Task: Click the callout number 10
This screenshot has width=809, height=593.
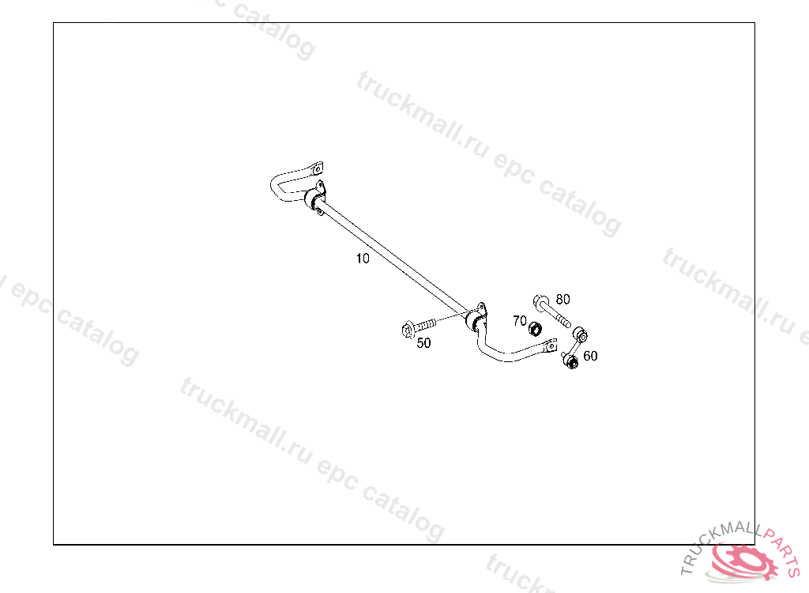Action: click(x=363, y=258)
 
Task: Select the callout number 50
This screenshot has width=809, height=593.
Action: click(x=424, y=343)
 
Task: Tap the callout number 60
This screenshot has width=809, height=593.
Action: click(x=590, y=356)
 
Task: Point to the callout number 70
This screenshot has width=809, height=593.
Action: click(x=519, y=320)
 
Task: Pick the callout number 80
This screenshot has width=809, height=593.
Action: click(x=563, y=299)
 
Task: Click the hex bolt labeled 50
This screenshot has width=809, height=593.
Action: click(x=416, y=327)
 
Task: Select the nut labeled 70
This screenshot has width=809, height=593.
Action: click(x=535, y=327)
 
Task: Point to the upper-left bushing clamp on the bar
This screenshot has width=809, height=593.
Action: click(x=314, y=198)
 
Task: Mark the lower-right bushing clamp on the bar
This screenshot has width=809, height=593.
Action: click(x=476, y=319)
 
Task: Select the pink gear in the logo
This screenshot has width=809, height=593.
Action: click(x=743, y=564)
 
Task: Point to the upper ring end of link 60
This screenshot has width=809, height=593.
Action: click(x=583, y=336)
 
